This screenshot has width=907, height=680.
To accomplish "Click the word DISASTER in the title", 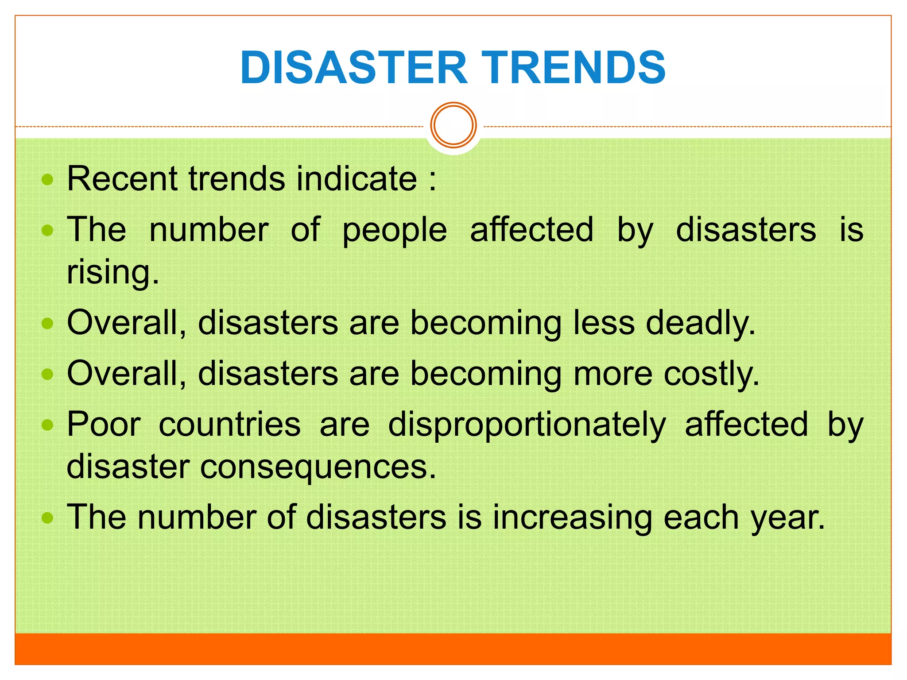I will tap(353, 67).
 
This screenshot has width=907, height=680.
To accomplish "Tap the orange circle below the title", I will tap(453, 125).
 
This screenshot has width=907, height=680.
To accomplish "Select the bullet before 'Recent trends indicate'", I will tap(47, 180).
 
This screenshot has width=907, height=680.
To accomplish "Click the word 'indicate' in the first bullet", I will tap(357, 178).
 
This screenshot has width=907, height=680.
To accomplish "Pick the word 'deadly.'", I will tap(701, 323).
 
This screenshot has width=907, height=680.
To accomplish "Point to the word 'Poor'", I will tap(104, 424).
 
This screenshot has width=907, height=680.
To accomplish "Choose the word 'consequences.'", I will tap(318, 467).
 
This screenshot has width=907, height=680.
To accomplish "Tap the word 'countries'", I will tap(230, 424).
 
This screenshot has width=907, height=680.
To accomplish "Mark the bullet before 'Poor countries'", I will tap(47, 425).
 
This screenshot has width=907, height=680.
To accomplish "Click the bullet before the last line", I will tap(47, 518).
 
